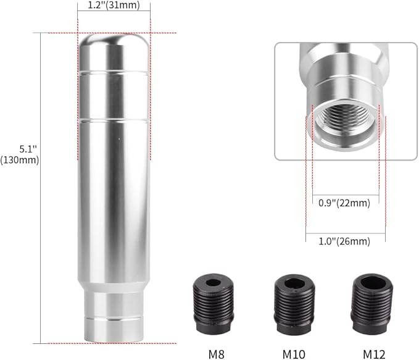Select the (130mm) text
[x=20, y=160]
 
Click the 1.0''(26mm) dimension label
[x=345, y=225]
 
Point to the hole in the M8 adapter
[x=214, y=283]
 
